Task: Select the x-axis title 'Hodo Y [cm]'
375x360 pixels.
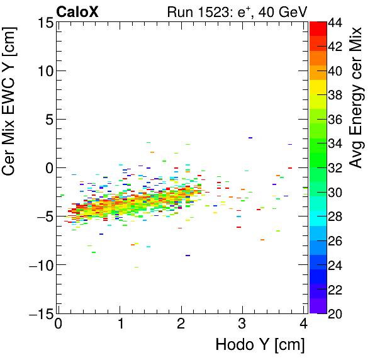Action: pyautogui.click(x=260, y=345)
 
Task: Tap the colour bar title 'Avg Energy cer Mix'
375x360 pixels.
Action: pyautogui.click(x=357, y=98)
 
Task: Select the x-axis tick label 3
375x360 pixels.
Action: pyautogui.click(x=242, y=324)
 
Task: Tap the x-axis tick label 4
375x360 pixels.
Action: pyautogui.click(x=303, y=324)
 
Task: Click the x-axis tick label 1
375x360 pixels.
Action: pyautogui.click(x=120, y=324)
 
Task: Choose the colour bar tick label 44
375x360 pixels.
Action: pyautogui.click(x=336, y=23)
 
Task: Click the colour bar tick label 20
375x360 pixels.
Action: pyautogui.click(x=336, y=313)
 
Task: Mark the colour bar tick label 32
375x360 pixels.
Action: pyautogui.click(x=336, y=168)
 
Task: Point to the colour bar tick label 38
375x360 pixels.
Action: pyautogui.click(x=336, y=96)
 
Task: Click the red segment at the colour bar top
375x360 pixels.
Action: pyautogui.click(x=318, y=28)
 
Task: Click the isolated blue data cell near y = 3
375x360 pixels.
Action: pyautogui.click(x=250, y=137)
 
